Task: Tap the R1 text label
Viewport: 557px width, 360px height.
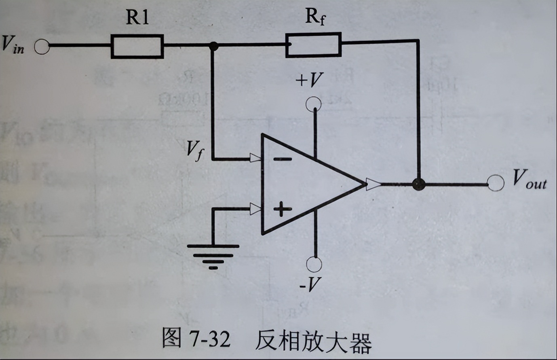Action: pyautogui.click(x=137, y=18)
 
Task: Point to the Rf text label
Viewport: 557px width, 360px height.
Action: pyautogui.click(x=315, y=17)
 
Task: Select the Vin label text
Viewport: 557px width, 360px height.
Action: pyautogui.click(x=13, y=44)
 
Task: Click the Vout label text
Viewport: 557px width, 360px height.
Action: pyautogui.click(x=530, y=180)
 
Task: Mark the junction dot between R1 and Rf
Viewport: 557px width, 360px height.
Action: pyautogui.click(x=213, y=46)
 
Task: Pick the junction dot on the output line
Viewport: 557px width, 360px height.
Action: pyautogui.click(x=419, y=184)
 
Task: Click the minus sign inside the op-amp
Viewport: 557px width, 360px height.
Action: pyautogui.click(x=283, y=159)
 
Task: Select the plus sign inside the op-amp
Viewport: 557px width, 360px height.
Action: pyautogui.click(x=282, y=209)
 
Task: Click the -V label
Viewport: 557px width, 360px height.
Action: pyautogui.click(x=309, y=284)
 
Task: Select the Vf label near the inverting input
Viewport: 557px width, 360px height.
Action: pyautogui.click(x=195, y=150)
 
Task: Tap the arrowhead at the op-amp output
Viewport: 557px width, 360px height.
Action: pyautogui.click(x=373, y=184)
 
